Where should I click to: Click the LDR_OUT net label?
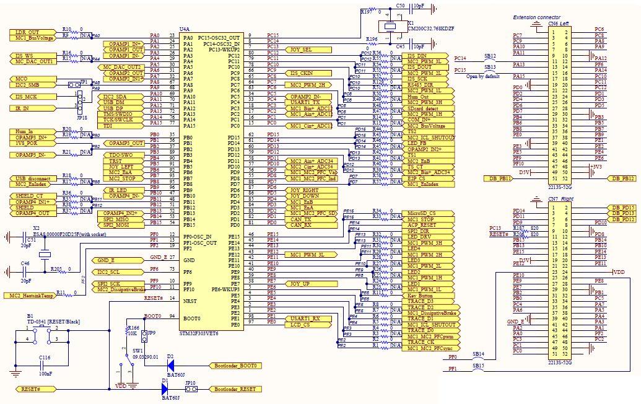point(27,32)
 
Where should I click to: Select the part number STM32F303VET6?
point(199,333)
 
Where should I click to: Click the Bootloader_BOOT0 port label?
point(235,366)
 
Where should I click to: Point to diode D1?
point(165,389)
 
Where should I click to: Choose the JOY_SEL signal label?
point(302,50)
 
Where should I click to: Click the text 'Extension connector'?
point(537,17)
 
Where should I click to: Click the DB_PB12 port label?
point(621,178)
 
